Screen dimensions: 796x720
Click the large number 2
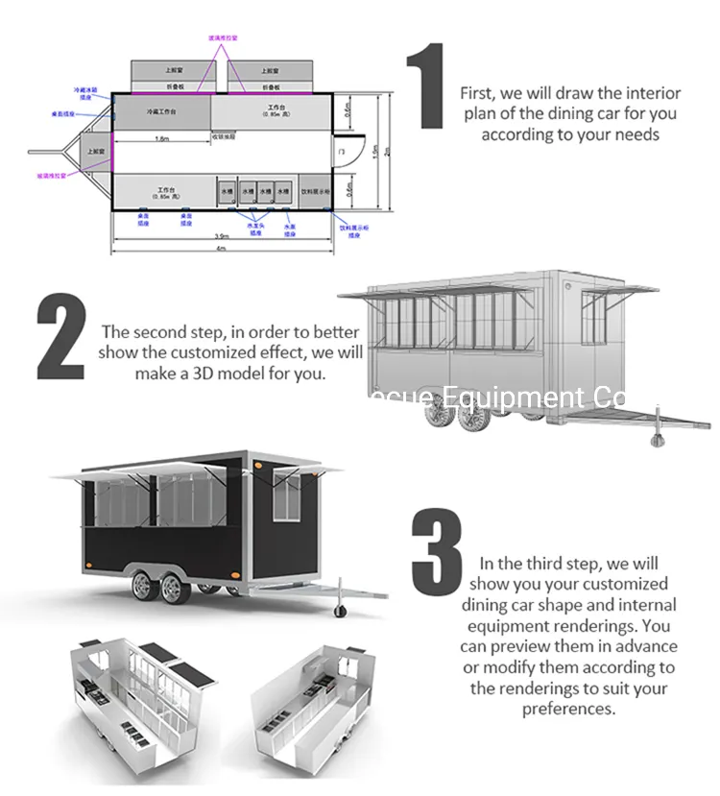point(60,337)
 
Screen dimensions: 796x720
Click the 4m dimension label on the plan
point(221,248)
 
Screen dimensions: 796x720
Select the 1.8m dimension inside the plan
point(162,137)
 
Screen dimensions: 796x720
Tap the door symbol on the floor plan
point(340,152)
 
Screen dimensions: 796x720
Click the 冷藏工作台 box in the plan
point(161,111)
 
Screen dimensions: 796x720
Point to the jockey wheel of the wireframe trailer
point(660,440)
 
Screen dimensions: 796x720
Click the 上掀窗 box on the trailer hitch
point(97,152)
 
